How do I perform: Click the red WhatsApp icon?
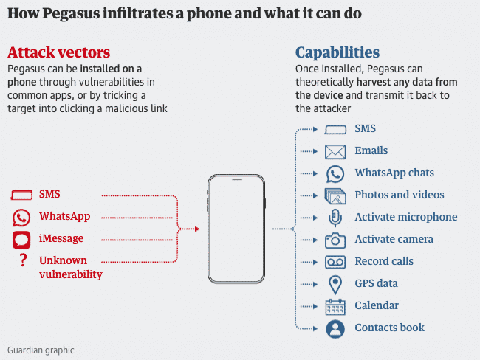tap(21, 217)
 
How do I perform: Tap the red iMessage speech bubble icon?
tap(21, 239)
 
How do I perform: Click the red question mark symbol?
tap(23, 260)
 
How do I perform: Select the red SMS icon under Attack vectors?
tap(22, 195)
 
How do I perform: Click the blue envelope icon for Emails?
tap(335, 151)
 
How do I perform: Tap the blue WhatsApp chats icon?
tap(335, 173)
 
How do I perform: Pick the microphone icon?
tap(335, 218)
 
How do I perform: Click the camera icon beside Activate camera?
tap(335, 240)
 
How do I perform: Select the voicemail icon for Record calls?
tap(335, 262)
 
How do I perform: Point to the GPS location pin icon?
tap(335, 284)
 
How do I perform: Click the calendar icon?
tap(335, 306)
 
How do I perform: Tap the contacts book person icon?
tap(335, 328)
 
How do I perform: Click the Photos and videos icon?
tap(335, 195)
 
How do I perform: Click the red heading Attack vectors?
tap(58, 52)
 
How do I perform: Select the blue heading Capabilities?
tap(337, 52)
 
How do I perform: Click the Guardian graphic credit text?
tap(41, 350)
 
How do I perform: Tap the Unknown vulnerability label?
tap(70, 267)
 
